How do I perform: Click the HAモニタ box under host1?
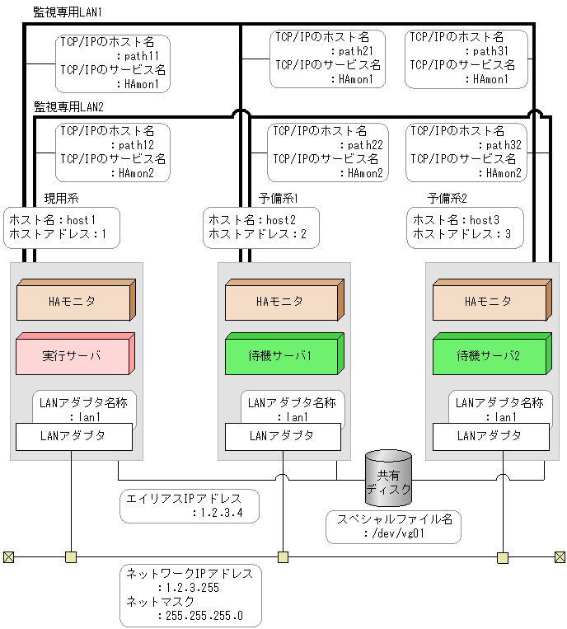(74, 301)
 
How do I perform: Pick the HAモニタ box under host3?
(490, 301)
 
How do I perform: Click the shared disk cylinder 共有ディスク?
(387, 478)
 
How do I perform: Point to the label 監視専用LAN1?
(68, 12)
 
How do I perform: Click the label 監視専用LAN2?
(68, 106)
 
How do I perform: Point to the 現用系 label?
(61, 199)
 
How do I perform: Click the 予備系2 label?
(448, 199)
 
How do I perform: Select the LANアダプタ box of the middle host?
(281, 436)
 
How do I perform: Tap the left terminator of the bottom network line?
(8, 557)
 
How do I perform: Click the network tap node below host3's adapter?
(503, 557)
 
